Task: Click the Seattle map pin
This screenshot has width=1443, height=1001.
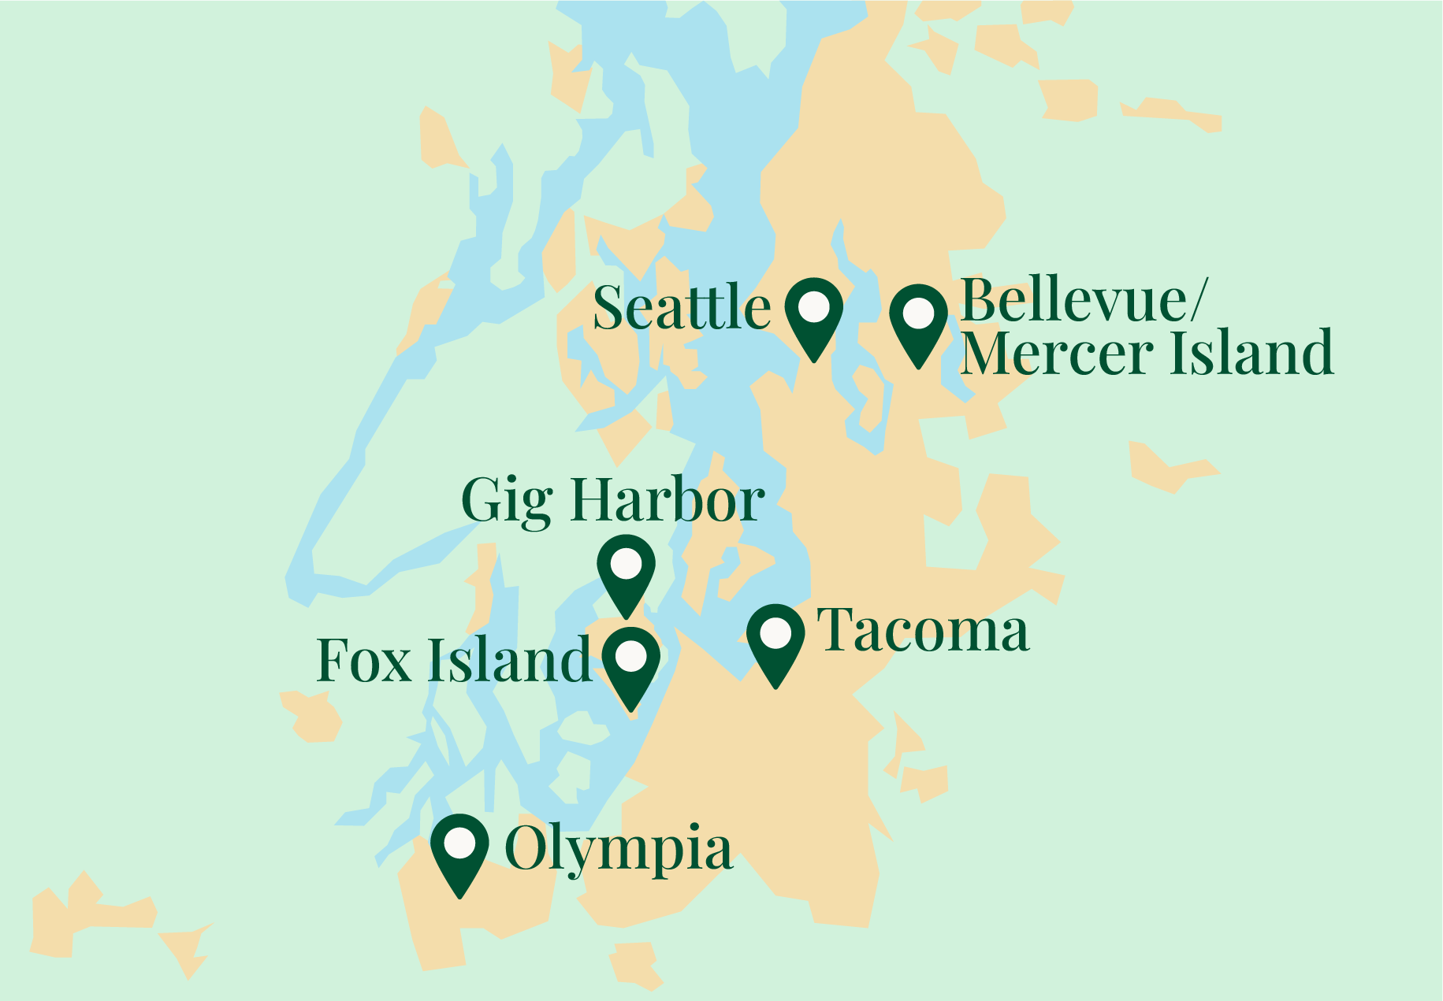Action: tap(814, 315)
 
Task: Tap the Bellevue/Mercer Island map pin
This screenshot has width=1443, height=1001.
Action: tap(918, 321)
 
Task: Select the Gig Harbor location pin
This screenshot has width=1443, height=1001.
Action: tap(626, 572)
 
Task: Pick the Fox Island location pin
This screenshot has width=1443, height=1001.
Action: tap(630, 664)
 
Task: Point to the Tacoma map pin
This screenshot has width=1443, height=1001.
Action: tap(775, 640)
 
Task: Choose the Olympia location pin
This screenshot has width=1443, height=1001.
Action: tap(459, 851)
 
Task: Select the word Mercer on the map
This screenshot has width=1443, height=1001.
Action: tap(1060, 353)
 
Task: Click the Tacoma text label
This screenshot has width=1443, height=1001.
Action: tap(924, 631)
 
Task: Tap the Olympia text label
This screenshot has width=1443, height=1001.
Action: tap(618, 850)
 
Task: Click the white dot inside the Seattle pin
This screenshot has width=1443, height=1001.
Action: tap(814, 306)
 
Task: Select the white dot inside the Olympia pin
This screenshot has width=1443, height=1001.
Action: tap(459, 843)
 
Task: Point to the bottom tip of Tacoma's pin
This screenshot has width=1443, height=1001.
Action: tap(775, 687)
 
